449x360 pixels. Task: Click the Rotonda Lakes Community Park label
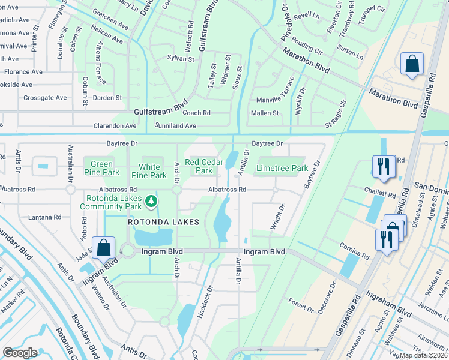pyautogui.click(x=114, y=203)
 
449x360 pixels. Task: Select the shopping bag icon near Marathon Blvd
pyautogui.click(x=412, y=65)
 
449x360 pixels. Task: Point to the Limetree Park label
pyautogui.click(x=282, y=169)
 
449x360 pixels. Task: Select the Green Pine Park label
pyautogui.click(x=101, y=168)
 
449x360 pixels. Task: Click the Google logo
pyautogui.click(x=20, y=352)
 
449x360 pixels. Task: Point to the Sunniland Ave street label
pyautogui.click(x=175, y=126)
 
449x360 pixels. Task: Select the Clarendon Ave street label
pyautogui.click(x=115, y=126)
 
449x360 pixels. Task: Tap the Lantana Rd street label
pyautogui.click(x=45, y=217)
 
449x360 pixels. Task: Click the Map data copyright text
pyautogui.click(x=423, y=355)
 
